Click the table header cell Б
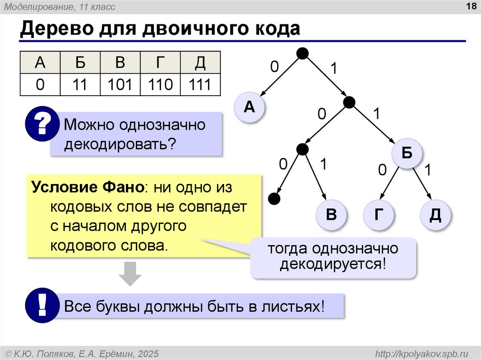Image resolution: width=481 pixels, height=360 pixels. [x=80, y=62]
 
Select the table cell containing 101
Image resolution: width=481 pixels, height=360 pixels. [x=120, y=84]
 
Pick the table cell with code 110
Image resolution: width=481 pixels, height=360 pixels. [x=161, y=84]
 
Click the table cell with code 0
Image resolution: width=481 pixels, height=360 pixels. [x=40, y=84]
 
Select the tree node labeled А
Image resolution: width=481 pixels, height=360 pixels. [x=249, y=107]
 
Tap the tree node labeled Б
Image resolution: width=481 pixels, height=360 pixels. [x=407, y=153]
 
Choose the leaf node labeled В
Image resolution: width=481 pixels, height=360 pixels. [x=331, y=215]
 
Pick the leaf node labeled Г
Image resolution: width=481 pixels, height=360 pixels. [x=378, y=215]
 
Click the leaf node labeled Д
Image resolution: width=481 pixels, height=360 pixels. [x=435, y=215]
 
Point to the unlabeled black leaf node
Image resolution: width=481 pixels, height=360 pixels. [x=274, y=199]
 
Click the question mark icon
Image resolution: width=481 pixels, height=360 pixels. [x=41, y=124]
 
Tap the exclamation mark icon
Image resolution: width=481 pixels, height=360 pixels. [x=41, y=306]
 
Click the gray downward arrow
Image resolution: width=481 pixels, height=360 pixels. [x=130, y=274]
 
